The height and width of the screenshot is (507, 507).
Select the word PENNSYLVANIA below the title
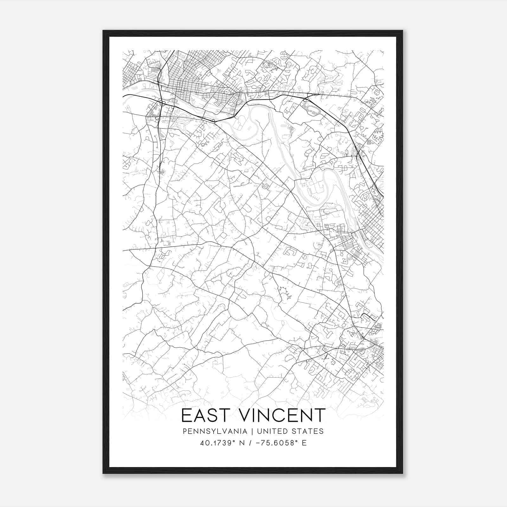point(215,431)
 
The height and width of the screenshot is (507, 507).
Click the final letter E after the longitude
point(304,443)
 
